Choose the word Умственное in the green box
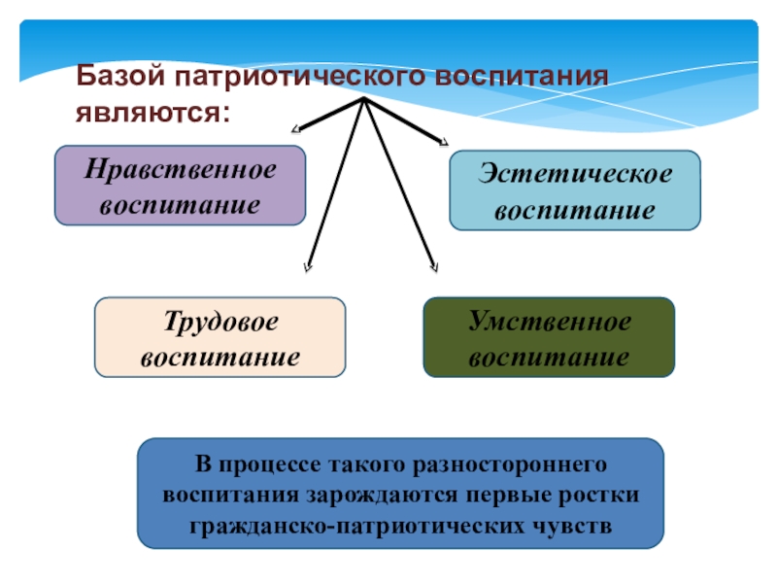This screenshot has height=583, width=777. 549,322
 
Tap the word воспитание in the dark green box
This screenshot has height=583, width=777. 549,358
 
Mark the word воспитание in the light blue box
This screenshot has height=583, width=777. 573,210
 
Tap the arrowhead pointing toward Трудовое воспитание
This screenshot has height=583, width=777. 307,269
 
